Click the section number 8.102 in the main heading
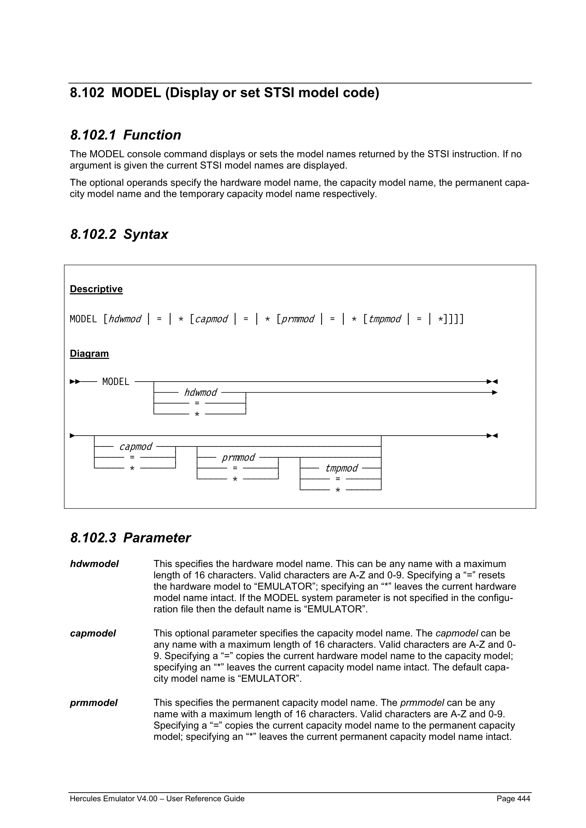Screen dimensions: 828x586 coord(87,93)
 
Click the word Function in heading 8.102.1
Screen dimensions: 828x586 coord(152,135)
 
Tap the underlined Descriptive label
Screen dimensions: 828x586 coord(96,289)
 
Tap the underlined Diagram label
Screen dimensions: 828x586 coord(89,354)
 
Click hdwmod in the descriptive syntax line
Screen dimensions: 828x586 coord(125,319)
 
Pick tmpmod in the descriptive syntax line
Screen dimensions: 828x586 coord(385,319)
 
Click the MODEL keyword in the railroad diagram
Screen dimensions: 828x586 coord(116,382)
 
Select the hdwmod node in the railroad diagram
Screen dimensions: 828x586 coord(201,392)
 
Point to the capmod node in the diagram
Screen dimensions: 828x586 coord(136,446)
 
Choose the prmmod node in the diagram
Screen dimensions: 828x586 coord(238,457)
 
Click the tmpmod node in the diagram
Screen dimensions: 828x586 coord(341,468)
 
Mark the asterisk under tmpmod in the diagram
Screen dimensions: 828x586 coord(338,490)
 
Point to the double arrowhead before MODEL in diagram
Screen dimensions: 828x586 coord(75,382)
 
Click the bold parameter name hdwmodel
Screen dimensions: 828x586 coord(94,564)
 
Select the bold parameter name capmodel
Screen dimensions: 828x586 coord(93,633)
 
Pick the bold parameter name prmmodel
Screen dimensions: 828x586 coord(94,702)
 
